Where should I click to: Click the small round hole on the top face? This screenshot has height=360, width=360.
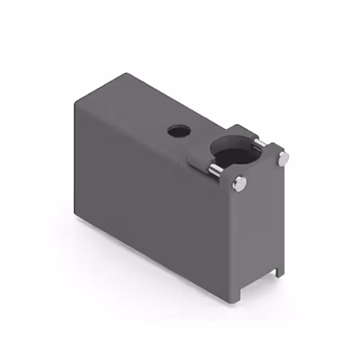click(x=179, y=132)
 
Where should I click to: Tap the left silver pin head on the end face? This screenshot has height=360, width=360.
click(x=240, y=183)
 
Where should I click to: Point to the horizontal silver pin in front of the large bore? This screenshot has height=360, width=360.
click(x=215, y=169)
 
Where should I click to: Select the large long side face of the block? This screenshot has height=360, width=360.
click(x=152, y=191)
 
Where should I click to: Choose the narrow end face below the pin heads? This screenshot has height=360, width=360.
click(x=259, y=231)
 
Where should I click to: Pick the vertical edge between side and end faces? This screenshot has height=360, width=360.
click(x=231, y=242)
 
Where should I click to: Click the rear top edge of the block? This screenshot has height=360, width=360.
click(x=180, y=101)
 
